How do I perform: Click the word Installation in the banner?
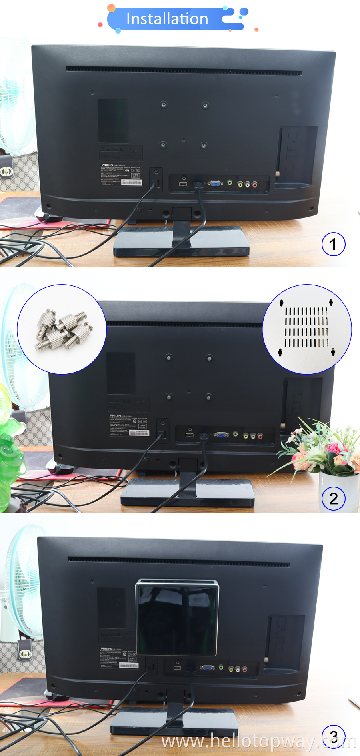[x=167, y=19]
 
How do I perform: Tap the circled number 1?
[x=333, y=244]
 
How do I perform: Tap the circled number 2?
[x=333, y=499]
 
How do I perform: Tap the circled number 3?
[x=334, y=736]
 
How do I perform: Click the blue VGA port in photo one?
[x=215, y=184]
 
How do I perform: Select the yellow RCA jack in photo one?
[x=240, y=184]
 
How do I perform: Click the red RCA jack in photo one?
[x=254, y=184]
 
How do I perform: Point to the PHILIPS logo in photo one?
[x=107, y=165]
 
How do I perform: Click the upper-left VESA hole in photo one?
[x=163, y=105]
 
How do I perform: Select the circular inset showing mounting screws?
[x=62, y=329]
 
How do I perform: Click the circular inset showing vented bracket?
[x=307, y=329]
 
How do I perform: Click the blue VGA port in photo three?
[x=207, y=668]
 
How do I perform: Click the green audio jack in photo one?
[x=230, y=182]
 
